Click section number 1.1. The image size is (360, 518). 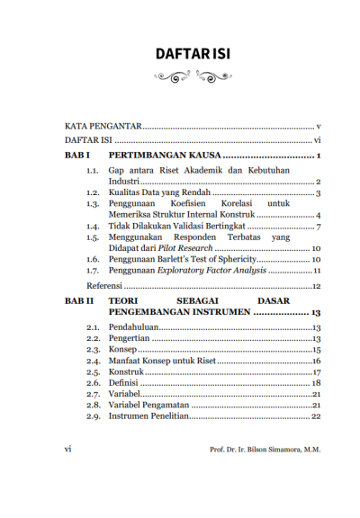[x=92, y=171]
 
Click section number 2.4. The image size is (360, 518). [x=92, y=361]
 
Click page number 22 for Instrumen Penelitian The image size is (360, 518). [x=316, y=416]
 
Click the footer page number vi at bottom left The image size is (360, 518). [x=68, y=449]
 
